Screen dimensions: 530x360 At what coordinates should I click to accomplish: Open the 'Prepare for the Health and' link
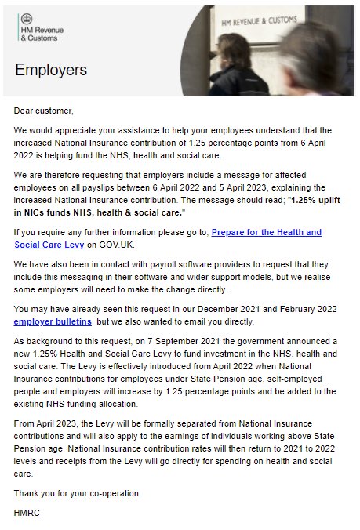[x=267, y=232]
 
